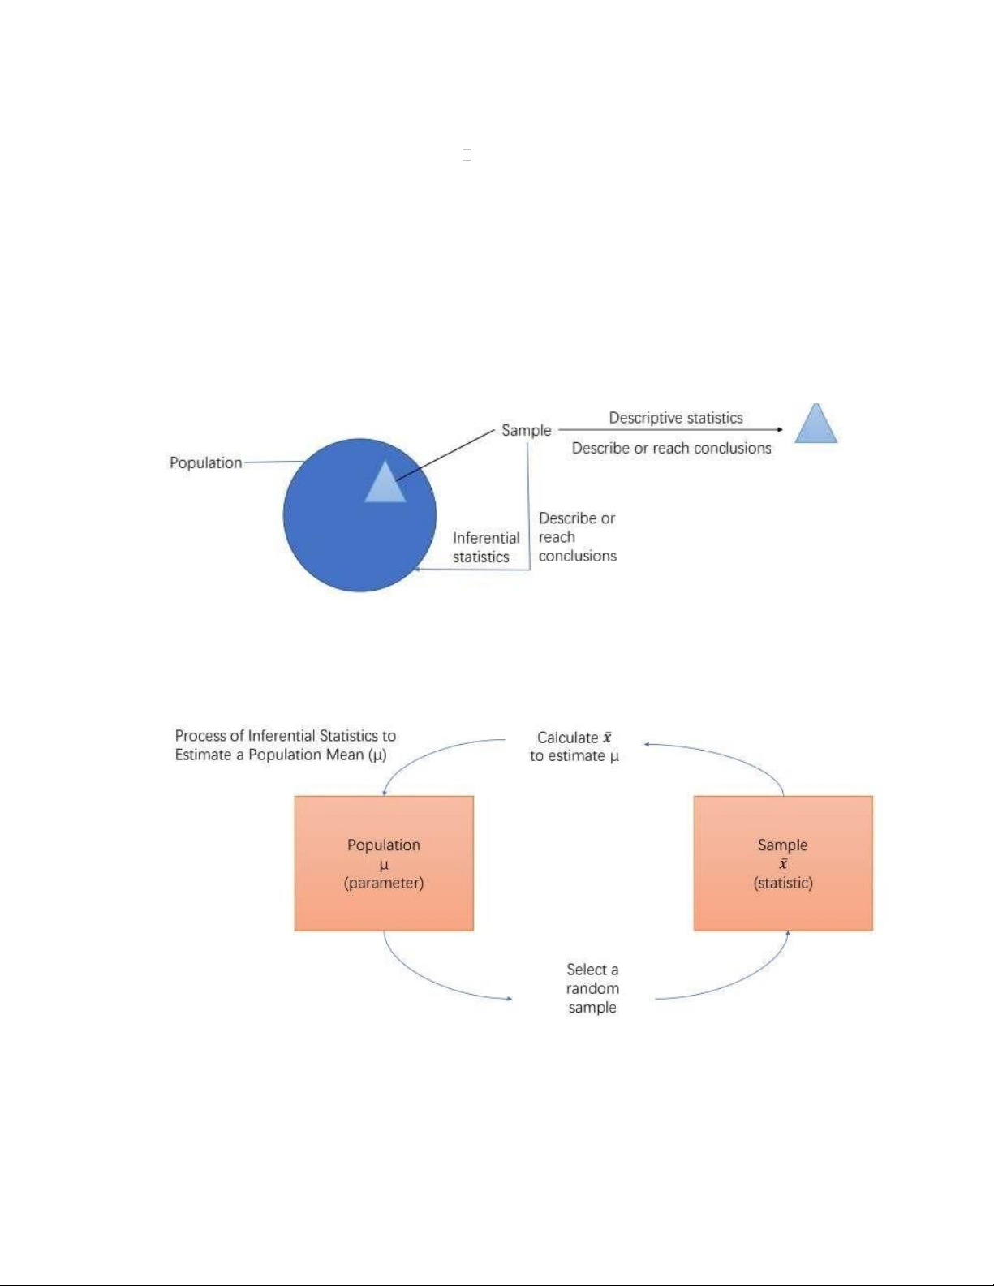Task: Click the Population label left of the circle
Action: pyautogui.click(x=206, y=462)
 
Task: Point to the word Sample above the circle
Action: pyautogui.click(x=526, y=430)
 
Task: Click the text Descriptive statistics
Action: pyautogui.click(x=676, y=418)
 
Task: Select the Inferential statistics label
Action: pyautogui.click(x=486, y=548)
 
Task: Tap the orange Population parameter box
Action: pyautogui.click(x=384, y=862)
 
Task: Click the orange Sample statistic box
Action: pyautogui.click(x=783, y=862)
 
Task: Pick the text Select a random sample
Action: pyautogui.click(x=592, y=988)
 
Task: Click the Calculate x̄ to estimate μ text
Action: pyautogui.click(x=574, y=746)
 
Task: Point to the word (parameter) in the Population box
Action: pyautogui.click(x=383, y=883)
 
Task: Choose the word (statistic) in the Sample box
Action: pyautogui.click(x=783, y=883)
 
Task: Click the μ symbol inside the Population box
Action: pyautogui.click(x=383, y=865)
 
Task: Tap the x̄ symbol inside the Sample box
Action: pyautogui.click(x=783, y=863)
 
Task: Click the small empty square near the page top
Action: pyautogui.click(x=467, y=155)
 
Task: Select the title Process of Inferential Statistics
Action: pyautogui.click(x=285, y=745)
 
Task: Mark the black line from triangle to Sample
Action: pyautogui.click(x=445, y=455)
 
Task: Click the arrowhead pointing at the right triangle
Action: pyautogui.click(x=781, y=430)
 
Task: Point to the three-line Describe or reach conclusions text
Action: pyautogui.click(x=577, y=537)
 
